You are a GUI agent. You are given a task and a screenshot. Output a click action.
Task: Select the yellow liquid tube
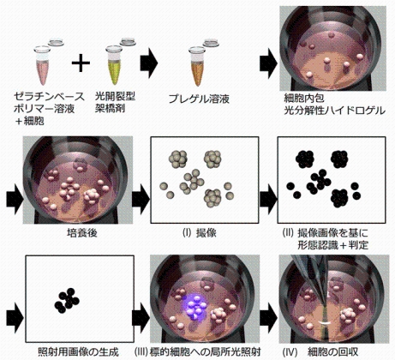tap(114, 65)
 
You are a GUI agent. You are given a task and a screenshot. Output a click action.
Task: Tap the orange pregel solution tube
tap(197, 67)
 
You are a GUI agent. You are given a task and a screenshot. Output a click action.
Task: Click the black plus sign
tap(81, 62)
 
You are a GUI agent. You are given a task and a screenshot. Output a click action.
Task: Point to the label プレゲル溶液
tap(199, 99)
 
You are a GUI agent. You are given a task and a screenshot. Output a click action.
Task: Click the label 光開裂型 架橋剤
tap(115, 102)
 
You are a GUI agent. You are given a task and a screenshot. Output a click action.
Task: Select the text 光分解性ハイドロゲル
tap(334, 111)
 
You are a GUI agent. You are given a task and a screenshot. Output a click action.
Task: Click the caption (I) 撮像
tap(200, 233)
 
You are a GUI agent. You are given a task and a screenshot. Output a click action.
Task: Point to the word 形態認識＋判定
tap(332, 245)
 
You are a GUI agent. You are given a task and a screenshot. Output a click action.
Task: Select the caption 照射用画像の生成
tap(78, 351)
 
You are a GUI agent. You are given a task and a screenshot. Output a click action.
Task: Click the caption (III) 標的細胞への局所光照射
tap(197, 351)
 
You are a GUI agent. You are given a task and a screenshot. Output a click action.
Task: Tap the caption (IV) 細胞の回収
tap(320, 351)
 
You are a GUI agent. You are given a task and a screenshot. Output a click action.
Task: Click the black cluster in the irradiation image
tap(67, 301)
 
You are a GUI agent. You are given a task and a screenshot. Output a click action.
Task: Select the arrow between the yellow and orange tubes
tap(149, 63)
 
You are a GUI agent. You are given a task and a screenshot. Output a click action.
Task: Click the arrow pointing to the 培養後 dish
tap(15, 199)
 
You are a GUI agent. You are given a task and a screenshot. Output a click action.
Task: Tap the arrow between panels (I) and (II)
tap(268, 199)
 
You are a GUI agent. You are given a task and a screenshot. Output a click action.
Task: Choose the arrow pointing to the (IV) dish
tap(269, 317)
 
